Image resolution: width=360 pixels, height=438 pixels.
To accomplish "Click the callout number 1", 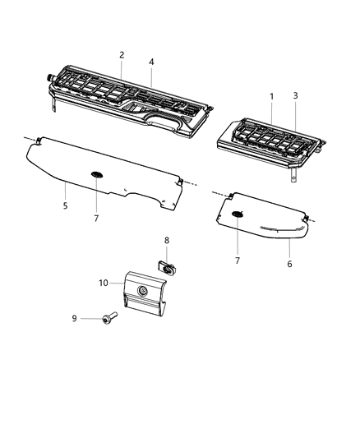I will pyautogui.click(x=272, y=96).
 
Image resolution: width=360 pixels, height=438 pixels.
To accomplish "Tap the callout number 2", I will pyautogui.click(x=122, y=55).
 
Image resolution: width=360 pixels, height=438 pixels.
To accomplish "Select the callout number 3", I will pyautogui.click(x=296, y=96).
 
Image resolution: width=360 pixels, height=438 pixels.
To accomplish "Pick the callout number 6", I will pyautogui.click(x=289, y=264).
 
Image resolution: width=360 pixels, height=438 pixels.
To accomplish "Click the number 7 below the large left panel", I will pyautogui.click(x=96, y=218).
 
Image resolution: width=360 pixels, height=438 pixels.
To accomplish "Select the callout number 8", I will pyautogui.click(x=167, y=241).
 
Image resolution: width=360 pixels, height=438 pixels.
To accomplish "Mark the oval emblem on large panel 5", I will pyautogui.click(x=97, y=174).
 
